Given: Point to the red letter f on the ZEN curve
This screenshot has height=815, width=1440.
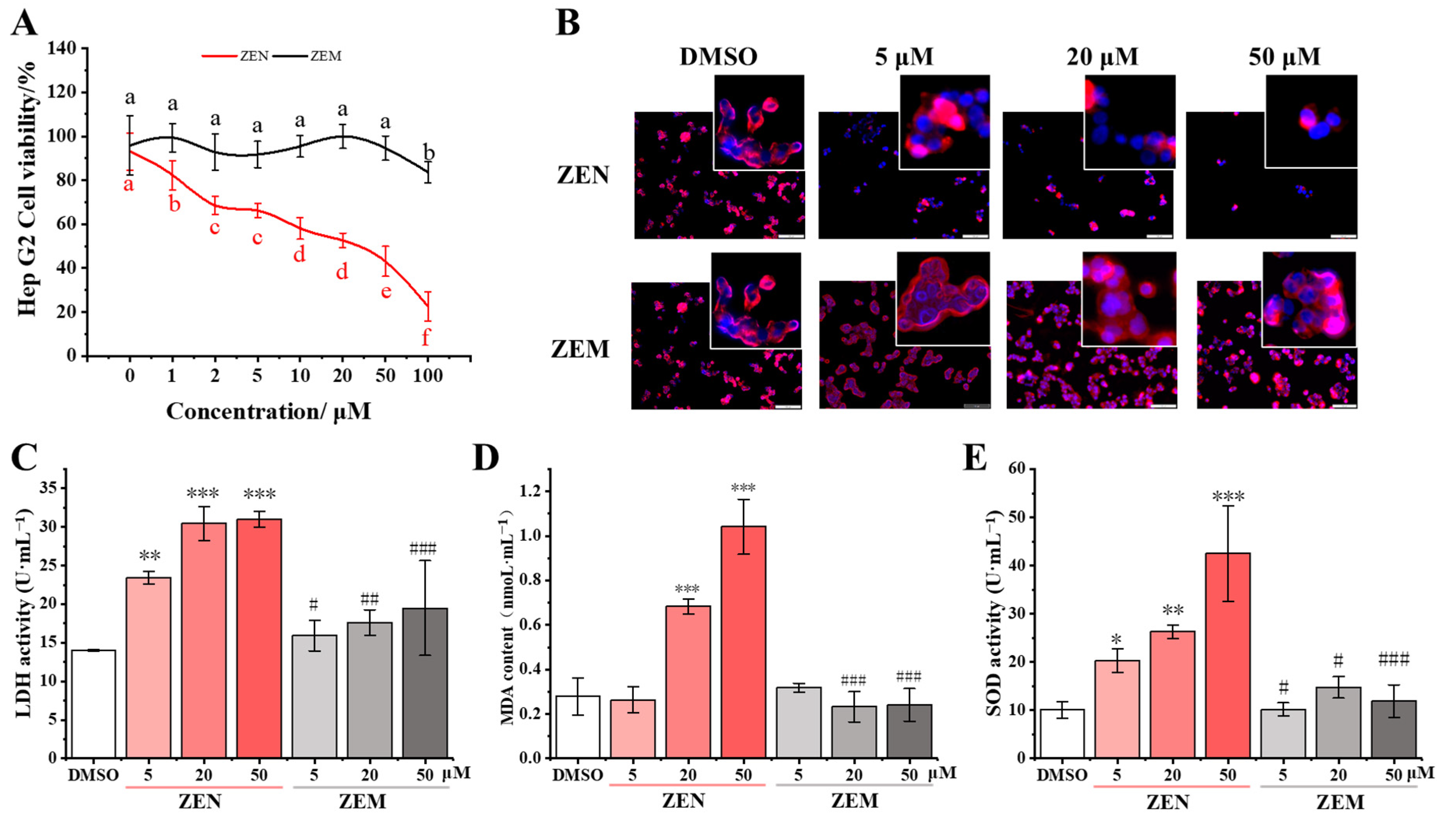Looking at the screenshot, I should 426,338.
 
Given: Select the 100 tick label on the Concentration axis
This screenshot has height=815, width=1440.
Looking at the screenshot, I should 428,375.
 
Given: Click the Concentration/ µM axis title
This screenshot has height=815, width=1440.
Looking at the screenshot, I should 269,412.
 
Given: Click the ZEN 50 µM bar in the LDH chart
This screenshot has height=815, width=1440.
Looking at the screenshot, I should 259,638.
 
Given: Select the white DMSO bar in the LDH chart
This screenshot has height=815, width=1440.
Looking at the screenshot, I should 93,704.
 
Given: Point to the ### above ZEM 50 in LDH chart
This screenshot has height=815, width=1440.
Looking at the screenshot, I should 423,549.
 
